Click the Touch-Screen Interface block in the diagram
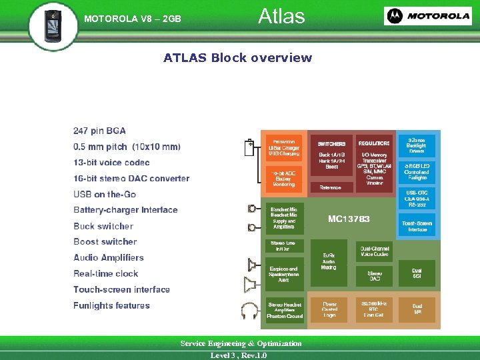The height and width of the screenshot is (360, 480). [417, 225]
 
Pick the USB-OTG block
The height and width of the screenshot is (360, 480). [417, 197]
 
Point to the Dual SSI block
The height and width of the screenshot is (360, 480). [417, 273]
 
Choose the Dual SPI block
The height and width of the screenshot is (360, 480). [417, 307]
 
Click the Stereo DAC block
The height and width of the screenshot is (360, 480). [374, 275]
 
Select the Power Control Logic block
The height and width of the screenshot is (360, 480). [329, 308]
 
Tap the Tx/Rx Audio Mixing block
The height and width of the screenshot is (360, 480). [329, 260]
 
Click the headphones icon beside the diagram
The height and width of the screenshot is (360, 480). [251, 311]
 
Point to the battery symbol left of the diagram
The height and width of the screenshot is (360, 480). [249, 147]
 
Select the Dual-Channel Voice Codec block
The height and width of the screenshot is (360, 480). [374, 251]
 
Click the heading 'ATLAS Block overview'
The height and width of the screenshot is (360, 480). [237, 58]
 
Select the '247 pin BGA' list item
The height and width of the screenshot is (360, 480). [99, 131]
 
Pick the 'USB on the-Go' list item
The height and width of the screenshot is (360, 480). [105, 194]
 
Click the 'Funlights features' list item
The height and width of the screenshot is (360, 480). [111, 305]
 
